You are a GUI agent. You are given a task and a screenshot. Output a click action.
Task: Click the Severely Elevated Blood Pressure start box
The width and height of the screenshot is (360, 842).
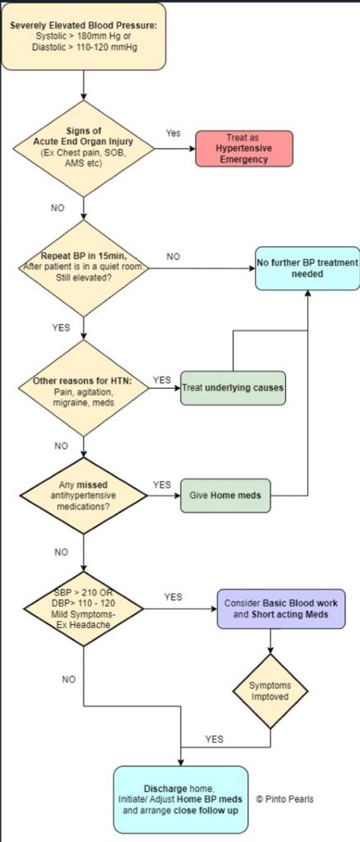pos(84,36)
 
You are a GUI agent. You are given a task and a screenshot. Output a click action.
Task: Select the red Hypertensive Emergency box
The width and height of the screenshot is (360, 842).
pos(243,148)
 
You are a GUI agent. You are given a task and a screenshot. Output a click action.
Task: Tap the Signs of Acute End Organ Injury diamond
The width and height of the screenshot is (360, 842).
pos(84,148)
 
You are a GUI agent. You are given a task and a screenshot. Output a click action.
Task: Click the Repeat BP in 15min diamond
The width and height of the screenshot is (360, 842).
pos(84,268)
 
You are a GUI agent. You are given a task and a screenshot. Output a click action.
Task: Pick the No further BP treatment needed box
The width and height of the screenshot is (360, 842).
pos(307,268)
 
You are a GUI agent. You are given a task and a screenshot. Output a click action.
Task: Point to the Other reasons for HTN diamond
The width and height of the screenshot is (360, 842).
pos(84,388)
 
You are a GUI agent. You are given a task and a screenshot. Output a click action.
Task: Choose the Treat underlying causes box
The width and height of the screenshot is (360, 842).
pos(233,387)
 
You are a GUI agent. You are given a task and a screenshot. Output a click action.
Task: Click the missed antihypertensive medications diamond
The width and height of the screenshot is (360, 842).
pos(84,496)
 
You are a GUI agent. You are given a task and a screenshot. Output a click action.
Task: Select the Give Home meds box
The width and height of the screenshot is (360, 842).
pos(225,494)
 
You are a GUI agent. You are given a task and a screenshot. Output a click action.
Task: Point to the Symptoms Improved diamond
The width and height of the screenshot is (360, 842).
pos(270,691)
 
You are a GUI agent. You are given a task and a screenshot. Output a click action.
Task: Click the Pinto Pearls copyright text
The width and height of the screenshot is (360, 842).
pos(285,799)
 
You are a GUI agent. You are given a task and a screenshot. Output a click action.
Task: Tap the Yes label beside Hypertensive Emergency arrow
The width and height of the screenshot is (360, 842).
pos(173,133)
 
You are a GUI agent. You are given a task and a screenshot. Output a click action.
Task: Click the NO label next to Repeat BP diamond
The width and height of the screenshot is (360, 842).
pos(173,257)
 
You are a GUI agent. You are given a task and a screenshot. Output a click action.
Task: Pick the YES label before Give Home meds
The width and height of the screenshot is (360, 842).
pos(161,485)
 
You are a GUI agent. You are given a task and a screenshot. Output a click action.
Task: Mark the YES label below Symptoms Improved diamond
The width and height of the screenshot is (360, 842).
pos(214,739)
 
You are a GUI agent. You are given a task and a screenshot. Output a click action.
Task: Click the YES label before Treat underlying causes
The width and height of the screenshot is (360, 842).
pos(161,380)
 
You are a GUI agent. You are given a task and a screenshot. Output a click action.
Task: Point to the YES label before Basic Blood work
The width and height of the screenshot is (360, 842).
pos(173,597)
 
